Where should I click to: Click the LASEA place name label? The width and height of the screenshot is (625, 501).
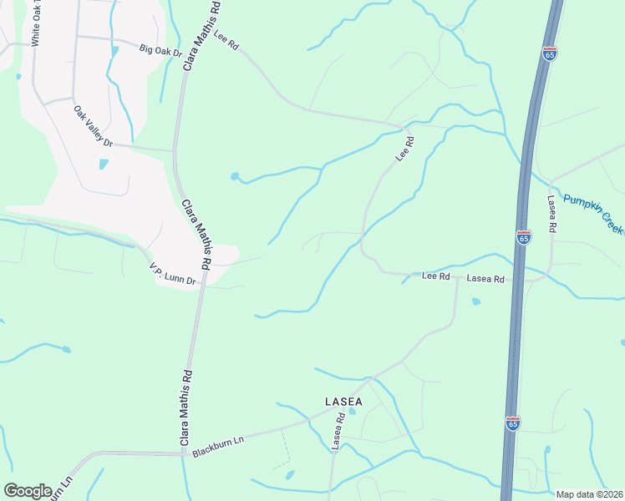(x=343, y=402)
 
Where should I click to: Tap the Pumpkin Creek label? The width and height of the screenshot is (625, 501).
(x=593, y=213)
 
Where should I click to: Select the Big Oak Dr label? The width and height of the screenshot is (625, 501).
(x=161, y=52)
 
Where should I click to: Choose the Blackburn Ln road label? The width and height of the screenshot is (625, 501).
(x=217, y=445)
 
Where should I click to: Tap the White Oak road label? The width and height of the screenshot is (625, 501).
(x=35, y=25)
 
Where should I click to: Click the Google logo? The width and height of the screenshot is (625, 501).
(x=28, y=490)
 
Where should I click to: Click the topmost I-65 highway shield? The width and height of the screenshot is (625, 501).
(x=549, y=53)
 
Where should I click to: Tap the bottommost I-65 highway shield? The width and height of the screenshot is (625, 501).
(x=512, y=423)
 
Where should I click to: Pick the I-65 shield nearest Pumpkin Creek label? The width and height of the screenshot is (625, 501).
(x=523, y=238)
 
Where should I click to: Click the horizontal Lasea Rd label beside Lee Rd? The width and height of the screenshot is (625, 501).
(x=485, y=279)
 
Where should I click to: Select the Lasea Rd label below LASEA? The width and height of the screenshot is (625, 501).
(x=337, y=432)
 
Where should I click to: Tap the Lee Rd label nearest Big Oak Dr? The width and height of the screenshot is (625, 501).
(x=226, y=39)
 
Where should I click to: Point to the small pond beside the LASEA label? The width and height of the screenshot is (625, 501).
(x=352, y=411)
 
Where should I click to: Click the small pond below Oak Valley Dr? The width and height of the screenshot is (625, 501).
(x=104, y=164)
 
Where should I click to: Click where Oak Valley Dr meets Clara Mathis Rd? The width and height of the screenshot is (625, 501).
(x=174, y=150)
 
